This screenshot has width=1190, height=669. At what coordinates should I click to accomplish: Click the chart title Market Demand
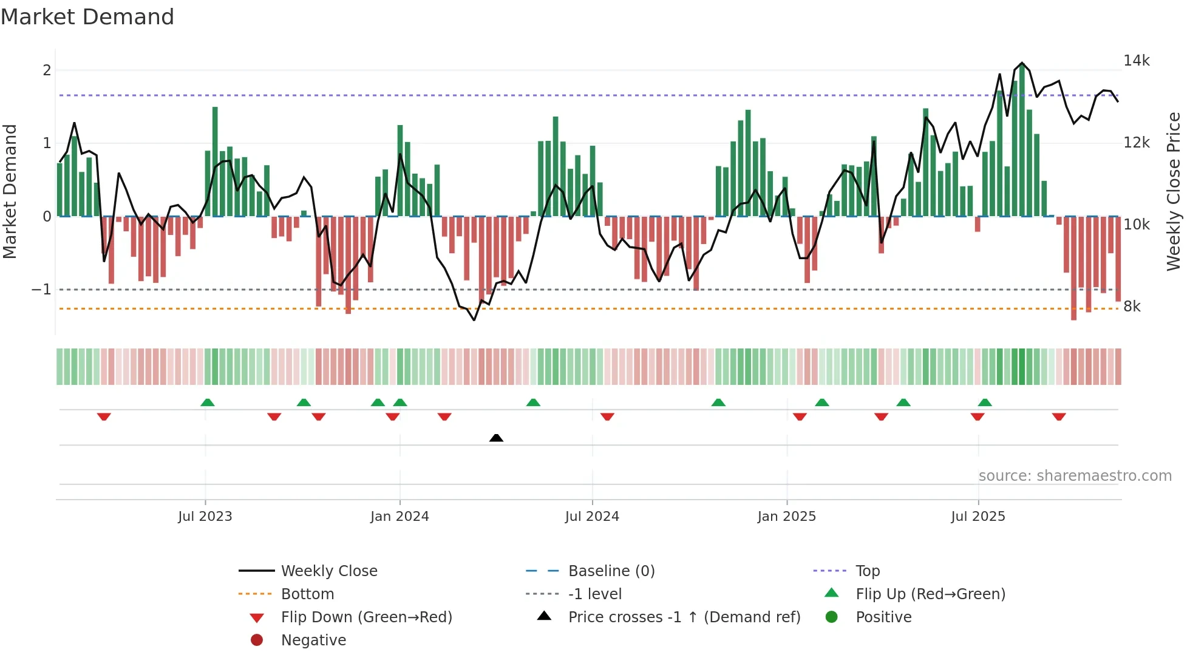(87, 17)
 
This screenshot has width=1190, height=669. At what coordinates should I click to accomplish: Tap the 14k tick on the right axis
(1136, 61)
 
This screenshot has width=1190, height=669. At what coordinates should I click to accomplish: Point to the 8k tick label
(1132, 307)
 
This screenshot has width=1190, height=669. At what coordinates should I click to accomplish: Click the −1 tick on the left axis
(41, 290)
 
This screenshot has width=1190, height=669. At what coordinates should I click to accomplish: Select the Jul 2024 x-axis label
(592, 517)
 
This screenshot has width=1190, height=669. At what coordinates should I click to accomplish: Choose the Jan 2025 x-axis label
(786, 517)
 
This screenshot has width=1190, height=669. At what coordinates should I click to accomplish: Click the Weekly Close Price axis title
(1174, 191)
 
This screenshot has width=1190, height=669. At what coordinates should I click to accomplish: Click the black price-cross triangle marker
(496, 438)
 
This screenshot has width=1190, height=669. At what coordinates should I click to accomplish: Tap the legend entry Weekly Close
(328, 571)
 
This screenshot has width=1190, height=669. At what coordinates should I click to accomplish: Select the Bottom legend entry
(307, 594)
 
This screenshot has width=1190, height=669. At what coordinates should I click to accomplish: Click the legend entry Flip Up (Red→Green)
(930, 594)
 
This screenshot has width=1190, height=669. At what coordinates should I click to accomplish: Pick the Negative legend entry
(313, 640)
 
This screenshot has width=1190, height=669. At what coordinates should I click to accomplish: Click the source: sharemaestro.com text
(1075, 476)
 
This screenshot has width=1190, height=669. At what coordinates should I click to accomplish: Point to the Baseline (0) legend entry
(611, 571)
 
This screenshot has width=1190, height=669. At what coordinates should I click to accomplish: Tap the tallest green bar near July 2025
(1022, 140)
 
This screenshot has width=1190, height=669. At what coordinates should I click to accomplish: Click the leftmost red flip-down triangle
(104, 416)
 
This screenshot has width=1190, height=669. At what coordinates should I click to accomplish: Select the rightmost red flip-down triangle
(1059, 416)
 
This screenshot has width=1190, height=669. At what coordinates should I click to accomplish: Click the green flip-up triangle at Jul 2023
(208, 402)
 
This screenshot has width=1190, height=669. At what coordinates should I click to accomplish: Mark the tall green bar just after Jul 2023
(215, 161)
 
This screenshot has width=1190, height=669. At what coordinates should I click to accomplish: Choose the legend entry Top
(867, 571)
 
